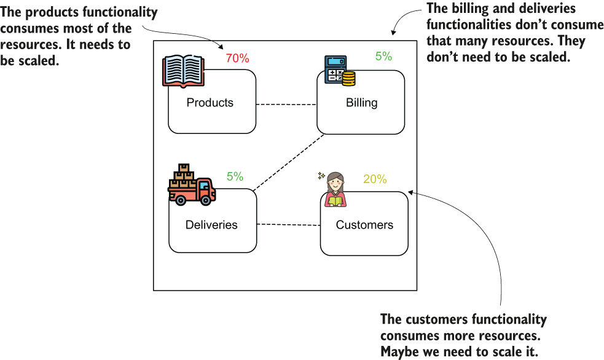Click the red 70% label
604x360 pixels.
tap(237, 58)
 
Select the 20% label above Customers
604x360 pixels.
tap(375, 179)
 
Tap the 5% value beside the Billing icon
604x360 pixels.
tap(383, 57)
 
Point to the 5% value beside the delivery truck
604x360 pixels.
tap(235, 176)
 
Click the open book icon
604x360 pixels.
tap(183, 71)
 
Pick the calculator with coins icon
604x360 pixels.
tap(340, 71)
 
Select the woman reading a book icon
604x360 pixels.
tap(334, 189)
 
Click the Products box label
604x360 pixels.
tap(210, 103)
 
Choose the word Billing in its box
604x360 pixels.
tap(362, 103)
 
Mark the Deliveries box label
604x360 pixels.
tap(211, 225)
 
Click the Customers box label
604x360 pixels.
tap(364, 225)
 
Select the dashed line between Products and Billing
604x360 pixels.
tap(286, 104)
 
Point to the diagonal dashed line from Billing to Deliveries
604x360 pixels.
tap(289, 162)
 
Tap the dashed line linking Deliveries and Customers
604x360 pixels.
tap(289, 224)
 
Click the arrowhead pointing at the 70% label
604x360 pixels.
tap(221, 47)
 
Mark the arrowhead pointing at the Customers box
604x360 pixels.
tap(411, 192)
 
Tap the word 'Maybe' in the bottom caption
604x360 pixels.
tap(399, 352)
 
